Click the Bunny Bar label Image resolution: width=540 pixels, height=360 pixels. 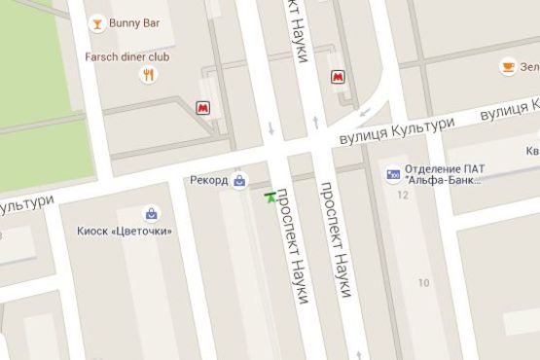click(136, 22)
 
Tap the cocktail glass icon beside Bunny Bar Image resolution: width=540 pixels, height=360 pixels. click(96, 22)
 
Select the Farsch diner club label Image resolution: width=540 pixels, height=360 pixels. click(140, 56)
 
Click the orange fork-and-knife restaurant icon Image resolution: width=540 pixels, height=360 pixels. click(149, 75)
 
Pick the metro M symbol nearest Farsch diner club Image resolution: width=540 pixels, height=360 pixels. click(203, 108)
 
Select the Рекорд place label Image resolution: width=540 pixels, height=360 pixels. click(209, 181)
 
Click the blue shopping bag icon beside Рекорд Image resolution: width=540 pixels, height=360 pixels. click(239, 180)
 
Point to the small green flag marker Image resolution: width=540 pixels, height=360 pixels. click(270, 197)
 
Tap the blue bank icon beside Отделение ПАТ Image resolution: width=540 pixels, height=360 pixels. click(393, 175)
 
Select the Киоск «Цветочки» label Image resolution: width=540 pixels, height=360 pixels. click(125, 231)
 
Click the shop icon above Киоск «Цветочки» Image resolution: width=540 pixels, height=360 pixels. click(151, 212)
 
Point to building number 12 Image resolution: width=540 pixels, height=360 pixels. click(403, 196)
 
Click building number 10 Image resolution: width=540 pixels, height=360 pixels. click(422, 282)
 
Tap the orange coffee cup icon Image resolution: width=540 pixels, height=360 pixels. click(507, 66)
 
